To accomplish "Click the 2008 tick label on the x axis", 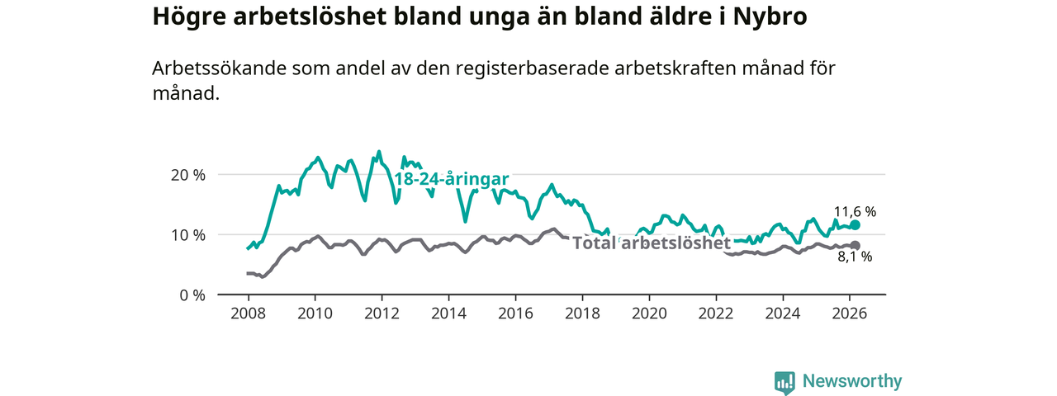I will [247, 313].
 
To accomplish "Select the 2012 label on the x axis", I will [381, 313].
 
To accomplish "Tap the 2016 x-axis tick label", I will [514, 313].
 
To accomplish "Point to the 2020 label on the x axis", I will [648, 313].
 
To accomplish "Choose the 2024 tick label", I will [782, 313].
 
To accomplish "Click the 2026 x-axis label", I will [849, 313].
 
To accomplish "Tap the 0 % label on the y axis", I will [192, 295].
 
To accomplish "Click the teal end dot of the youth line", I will [856, 225].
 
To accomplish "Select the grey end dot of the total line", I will [856, 246].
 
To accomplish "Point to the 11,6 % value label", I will [855, 211].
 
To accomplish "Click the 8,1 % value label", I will [855, 257].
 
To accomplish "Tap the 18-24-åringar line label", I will [451, 179].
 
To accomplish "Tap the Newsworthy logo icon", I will [784, 382].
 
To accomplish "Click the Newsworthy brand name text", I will [852, 381].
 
